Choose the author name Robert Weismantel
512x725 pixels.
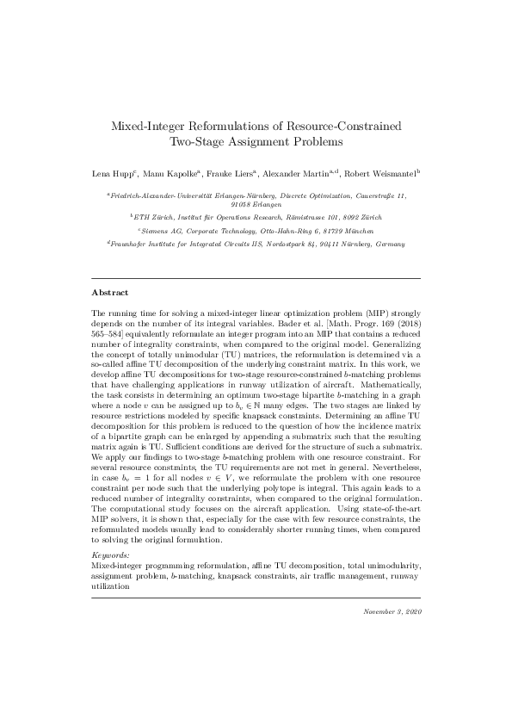[x=385, y=174]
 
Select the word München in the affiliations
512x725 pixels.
[x=358, y=232]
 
